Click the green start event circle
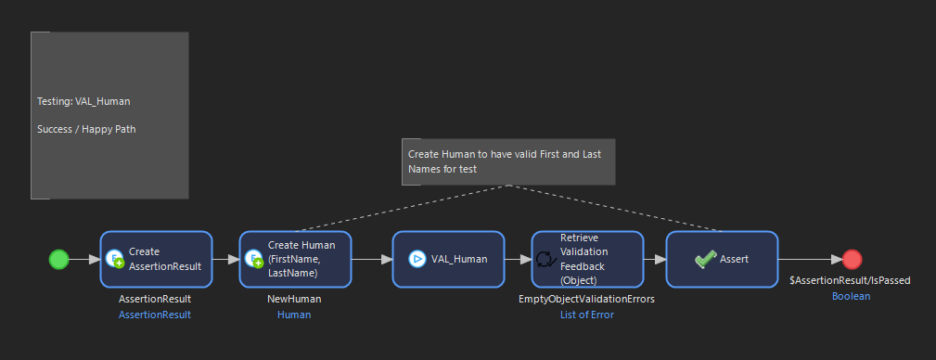pyautogui.click(x=58, y=260)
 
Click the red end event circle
pyautogui.click(x=853, y=260)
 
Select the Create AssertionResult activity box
pyautogui.click(x=157, y=260)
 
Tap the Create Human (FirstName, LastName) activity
pyautogui.click(x=295, y=260)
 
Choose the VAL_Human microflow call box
pyautogui.click(x=448, y=260)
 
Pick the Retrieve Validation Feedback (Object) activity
pyautogui.click(x=587, y=260)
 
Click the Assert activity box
pyautogui.click(x=722, y=260)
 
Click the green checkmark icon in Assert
pyautogui.click(x=705, y=260)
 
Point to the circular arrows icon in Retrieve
pyautogui.click(x=546, y=260)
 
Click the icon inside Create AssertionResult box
pyautogui.click(x=115, y=260)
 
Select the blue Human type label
pyautogui.click(x=294, y=315)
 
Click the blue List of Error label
pyautogui.click(x=586, y=315)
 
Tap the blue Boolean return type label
pyautogui.click(x=851, y=297)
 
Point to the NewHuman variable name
pyautogui.click(x=294, y=300)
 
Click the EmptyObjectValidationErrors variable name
pyautogui.click(x=586, y=300)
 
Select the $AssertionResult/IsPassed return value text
pyautogui.click(x=850, y=280)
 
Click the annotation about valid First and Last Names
pyautogui.click(x=507, y=161)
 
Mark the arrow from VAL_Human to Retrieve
pyautogui.click(x=517, y=260)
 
